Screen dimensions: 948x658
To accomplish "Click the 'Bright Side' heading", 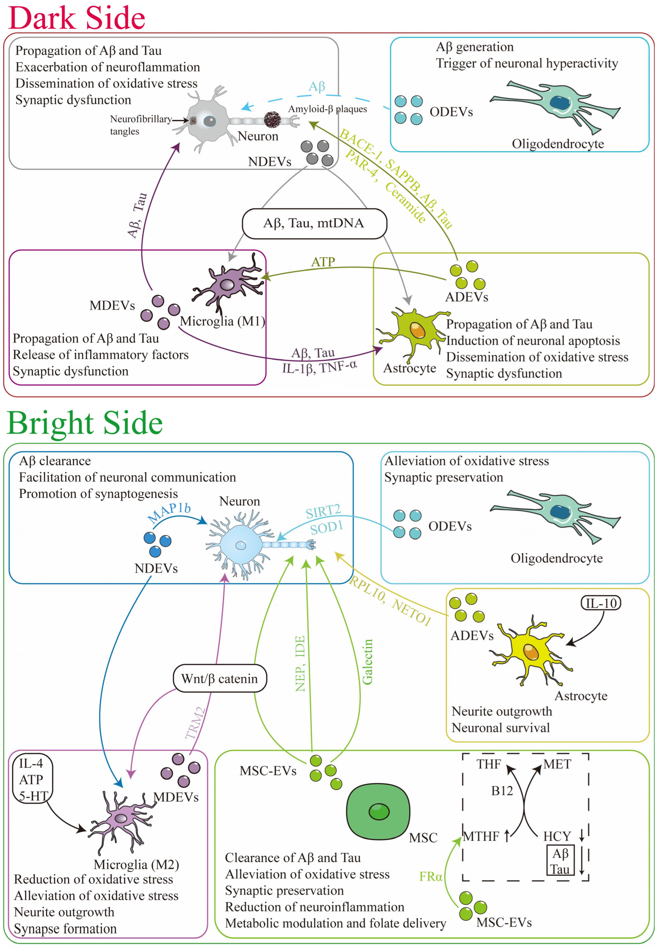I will tap(85, 423).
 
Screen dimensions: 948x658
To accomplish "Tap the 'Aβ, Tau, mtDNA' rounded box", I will tap(314, 223).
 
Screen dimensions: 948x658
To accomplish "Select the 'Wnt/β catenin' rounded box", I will tap(219, 679).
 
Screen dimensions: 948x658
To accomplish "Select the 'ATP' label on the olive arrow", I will tap(323, 262).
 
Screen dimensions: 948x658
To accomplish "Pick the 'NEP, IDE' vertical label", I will tap(300, 664).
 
